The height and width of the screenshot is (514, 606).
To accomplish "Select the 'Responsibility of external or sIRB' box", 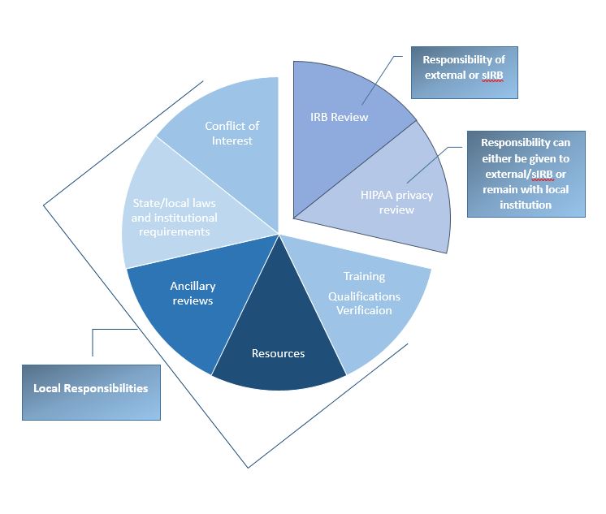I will [464, 72].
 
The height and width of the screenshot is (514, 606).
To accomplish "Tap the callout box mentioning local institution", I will [526, 173].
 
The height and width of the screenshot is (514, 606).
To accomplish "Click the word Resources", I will [279, 353].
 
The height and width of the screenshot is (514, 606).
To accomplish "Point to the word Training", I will [364, 277].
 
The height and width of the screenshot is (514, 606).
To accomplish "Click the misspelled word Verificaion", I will [364, 311].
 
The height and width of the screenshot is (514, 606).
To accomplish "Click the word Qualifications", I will [364, 296].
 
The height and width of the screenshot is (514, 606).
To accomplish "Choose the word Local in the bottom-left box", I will [48, 388].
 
